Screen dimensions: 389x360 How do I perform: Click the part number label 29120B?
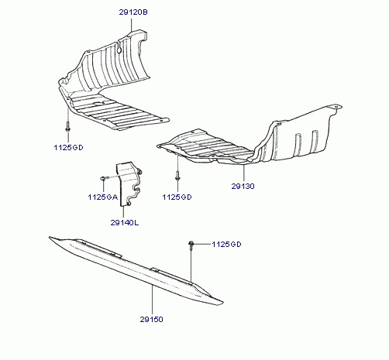pos(133,12)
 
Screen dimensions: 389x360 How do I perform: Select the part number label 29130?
pos(243,186)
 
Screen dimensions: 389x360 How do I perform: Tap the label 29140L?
pos(125,222)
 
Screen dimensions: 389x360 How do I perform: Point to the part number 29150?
pos(152,319)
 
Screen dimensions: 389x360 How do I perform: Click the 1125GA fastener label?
pos(103,197)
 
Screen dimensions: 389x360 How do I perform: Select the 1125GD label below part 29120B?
pos(68,148)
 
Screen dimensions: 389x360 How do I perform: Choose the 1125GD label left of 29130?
pos(177,197)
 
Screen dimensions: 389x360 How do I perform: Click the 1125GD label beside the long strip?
pos(226,245)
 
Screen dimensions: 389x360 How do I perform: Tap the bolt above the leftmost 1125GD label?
pos(67,126)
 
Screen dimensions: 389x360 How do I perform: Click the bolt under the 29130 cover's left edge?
pos(177,176)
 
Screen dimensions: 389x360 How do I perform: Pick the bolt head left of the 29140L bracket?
pos(102,178)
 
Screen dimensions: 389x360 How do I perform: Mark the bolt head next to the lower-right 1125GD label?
pos(191,244)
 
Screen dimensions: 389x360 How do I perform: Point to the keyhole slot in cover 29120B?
pos(119,47)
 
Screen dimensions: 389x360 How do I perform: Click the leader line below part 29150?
pos(153,300)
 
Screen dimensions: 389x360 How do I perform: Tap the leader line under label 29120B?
pos(131,25)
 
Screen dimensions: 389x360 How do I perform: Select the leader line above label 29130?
pos(243,173)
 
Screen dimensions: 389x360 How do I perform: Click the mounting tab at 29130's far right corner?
pos(336,107)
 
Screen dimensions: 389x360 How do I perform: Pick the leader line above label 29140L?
pos(123,212)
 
